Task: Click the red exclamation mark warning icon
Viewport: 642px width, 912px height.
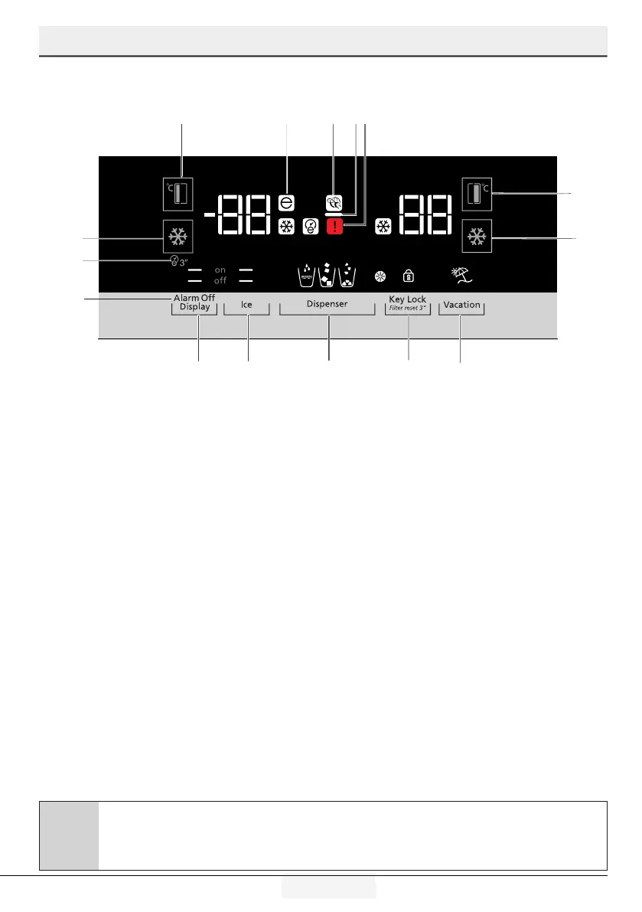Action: point(334,226)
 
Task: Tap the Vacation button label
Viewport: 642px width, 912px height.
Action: point(461,305)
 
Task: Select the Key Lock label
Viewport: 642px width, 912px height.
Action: point(407,299)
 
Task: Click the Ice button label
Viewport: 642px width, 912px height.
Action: point(246,305)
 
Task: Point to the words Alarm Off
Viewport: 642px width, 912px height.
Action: point(194,297)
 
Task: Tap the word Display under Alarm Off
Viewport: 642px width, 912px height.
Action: point(194,306)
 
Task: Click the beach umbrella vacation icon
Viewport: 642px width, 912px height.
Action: point(461,275)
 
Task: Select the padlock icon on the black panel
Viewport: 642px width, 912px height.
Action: point(408,276)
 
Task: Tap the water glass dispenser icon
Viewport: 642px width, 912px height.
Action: point(306,276)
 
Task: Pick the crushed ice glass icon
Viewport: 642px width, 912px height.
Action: point(349,276)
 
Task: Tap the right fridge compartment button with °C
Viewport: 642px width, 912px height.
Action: point(478,194)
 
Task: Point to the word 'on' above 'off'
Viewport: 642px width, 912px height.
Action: point(220,270)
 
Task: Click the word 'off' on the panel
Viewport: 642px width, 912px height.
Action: point(220,280)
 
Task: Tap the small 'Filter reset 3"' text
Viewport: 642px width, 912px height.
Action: point(407,308)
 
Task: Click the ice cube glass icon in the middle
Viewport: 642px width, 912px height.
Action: point(328,276)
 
